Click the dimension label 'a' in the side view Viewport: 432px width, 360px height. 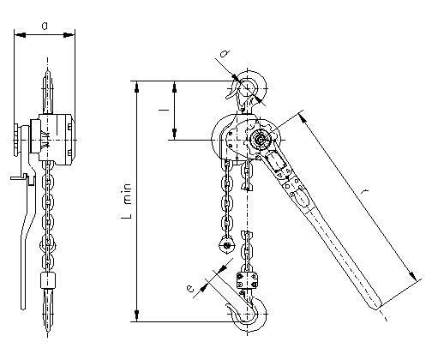pos(45,26)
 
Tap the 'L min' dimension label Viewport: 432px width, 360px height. pos(127,201)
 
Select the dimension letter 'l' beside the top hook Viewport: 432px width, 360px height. pos(164,110)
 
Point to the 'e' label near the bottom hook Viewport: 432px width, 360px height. pos(189,289)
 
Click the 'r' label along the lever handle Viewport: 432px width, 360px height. pos(364,191)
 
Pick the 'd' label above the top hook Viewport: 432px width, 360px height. pos(225,53)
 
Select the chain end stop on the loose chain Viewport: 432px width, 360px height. pos(227,245)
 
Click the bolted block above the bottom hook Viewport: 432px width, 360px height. pos(247,280)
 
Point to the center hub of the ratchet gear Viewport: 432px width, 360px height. pos(261,140)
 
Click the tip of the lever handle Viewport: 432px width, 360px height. pos(375,308)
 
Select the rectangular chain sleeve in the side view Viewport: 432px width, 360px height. pos(47,280)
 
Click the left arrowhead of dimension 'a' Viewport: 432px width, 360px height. pos(20,35)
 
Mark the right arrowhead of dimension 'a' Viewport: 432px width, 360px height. pos(69,35)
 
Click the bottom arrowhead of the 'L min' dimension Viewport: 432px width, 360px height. pos(137,315)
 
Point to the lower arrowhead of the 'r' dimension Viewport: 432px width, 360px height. pos(412,275)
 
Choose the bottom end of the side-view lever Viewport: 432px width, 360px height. pos(23,308)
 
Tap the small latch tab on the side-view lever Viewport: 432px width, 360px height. pos(19,177)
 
